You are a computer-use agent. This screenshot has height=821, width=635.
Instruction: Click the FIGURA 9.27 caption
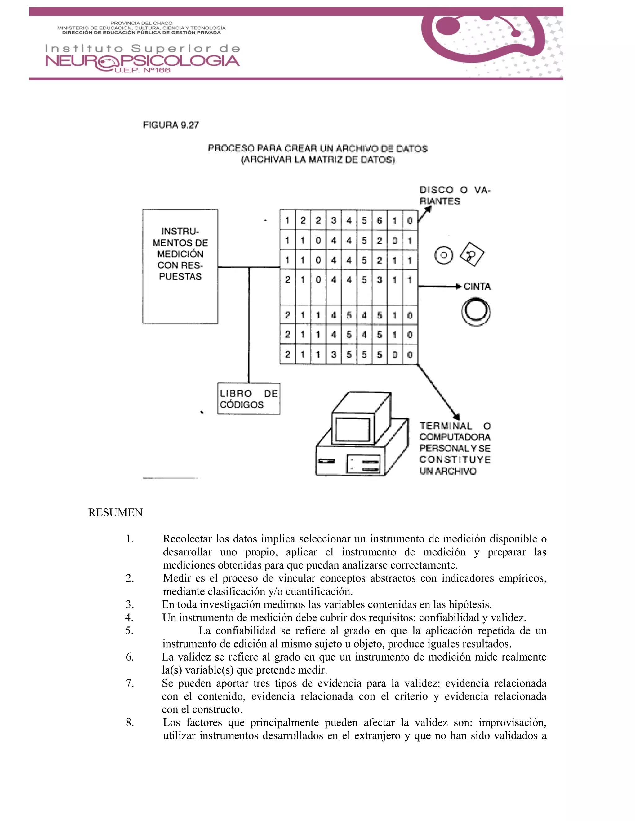point(171,125)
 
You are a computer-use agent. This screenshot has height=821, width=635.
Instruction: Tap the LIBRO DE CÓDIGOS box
point(248,399)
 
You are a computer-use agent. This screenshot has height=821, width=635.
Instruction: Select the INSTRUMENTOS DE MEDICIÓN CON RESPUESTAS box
point(180,266)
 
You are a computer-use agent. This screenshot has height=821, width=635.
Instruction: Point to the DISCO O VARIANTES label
point(455,195)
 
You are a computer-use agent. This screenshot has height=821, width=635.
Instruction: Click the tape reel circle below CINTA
point(476,312)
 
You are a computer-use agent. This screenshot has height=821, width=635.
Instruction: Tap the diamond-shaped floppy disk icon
point(473,254)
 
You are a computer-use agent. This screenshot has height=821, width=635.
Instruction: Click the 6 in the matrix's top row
point(379,221)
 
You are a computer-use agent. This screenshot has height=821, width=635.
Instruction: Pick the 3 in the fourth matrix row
point(379,280)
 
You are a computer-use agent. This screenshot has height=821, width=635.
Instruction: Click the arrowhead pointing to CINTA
point(458,287)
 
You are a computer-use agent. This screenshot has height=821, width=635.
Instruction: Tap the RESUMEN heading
point(115,513)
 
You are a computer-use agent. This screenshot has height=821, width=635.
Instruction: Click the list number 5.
point(129,631)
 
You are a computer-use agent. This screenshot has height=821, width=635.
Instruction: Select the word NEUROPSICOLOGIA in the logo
point(142,61)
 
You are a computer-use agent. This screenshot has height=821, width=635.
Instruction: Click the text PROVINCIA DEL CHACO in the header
point(141,23)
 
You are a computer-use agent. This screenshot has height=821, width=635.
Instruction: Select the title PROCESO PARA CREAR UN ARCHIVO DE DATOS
point(317,149)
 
